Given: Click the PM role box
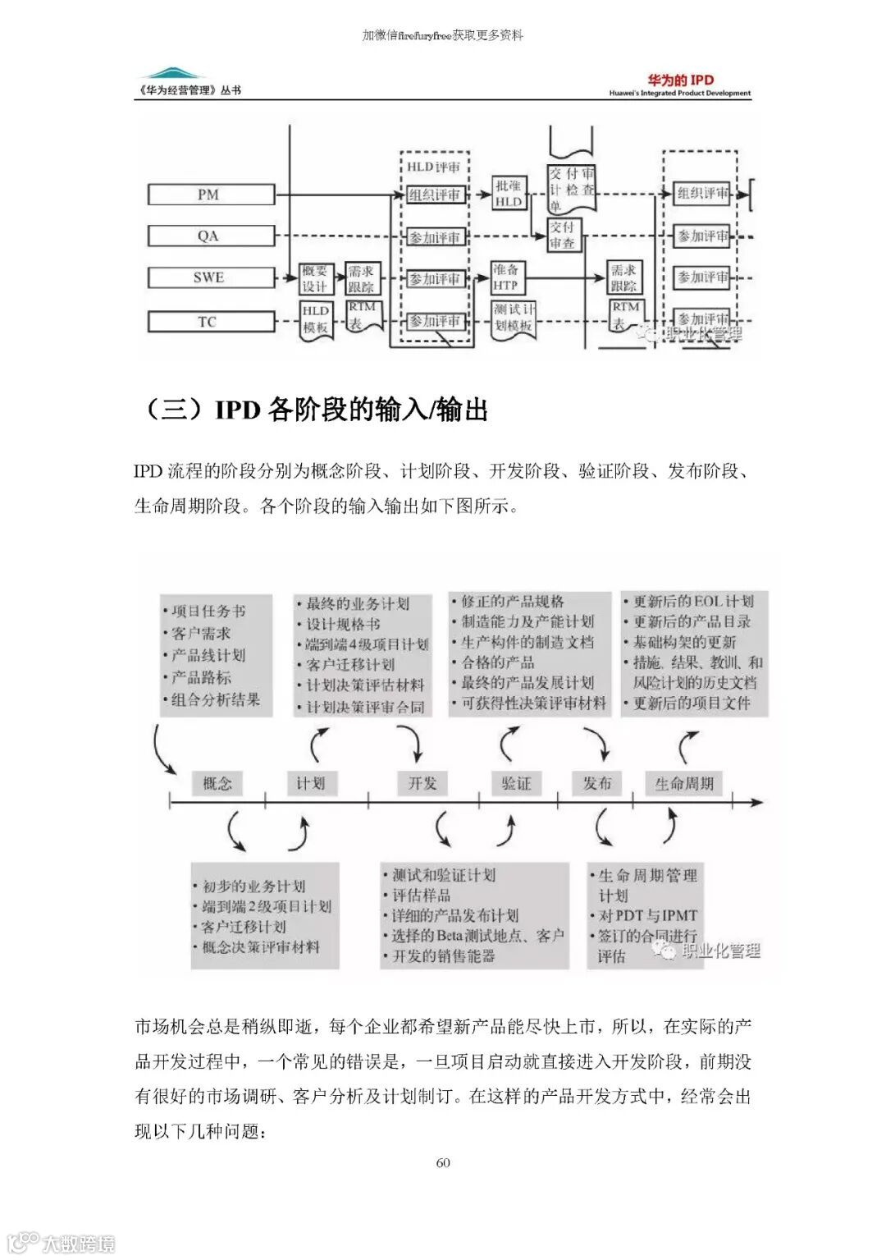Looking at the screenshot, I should pyautogui.click(x=211, y=195).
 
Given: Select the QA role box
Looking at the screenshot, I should pyautogui.click(x=211, y=236).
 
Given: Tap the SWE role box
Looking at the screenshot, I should pyautogui.click(x=211, y=277).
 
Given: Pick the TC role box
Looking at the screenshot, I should pyautogui.click(x=211, y=322).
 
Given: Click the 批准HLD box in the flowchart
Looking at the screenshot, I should pyautogui.click(x=509, y=194).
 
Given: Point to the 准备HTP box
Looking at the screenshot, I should pyautogui.click(x=505, y=277).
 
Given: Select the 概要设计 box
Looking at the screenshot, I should pyautogui.click(x=315, y=278).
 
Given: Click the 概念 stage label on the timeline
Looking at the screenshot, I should pyautogui.click(x=217, y=783).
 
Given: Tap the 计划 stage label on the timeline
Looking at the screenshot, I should pyautogui.click(x=311, y=783).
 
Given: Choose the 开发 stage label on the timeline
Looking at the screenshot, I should pyautogui.click(x=422, y=783).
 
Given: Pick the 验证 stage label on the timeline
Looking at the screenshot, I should pyautogui.click(x=517, y=783).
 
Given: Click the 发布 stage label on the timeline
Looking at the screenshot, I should pyautogui.click(x=597, y=783).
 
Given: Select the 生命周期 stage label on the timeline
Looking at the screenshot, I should pyautogui.click(x=684, y=784).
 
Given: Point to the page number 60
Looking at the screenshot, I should pyautogui.click(x=443, y=1162).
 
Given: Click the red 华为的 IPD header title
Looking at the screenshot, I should pyautogui.click(x=681, y=80).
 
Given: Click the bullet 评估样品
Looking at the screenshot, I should pyautogui.click(x=421, y=896).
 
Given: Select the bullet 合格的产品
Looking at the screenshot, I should pyautogui.click(x=497, y=662).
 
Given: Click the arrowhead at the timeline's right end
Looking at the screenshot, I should pyautogui.click(x=759, y=802).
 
